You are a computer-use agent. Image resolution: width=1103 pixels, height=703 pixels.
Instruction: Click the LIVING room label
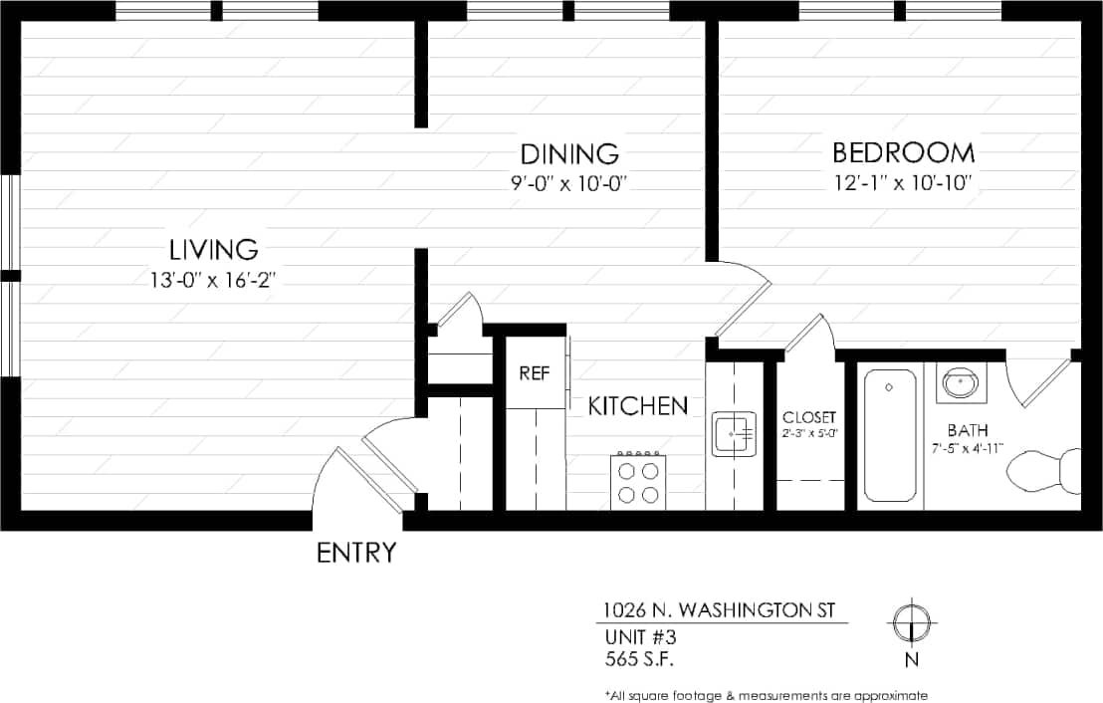(213, 249)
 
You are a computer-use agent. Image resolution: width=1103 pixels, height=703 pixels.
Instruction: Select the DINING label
(570, 154)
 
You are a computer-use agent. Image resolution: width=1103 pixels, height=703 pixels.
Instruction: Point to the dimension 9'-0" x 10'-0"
(570, 183)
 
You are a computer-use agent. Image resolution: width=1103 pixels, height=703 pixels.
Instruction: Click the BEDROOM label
(903, 153)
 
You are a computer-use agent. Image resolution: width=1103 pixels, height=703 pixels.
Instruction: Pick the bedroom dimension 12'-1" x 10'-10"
(902, 183)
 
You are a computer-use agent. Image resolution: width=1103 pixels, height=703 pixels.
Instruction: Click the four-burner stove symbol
(638, 481)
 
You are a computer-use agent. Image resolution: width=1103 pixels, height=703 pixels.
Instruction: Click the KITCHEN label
(637, 406)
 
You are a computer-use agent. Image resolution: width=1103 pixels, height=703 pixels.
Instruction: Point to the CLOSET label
(808, 417)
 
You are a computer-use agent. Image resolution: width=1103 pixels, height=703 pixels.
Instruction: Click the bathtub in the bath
(890, 435)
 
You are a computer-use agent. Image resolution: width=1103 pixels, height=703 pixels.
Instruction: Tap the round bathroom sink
(961, 383)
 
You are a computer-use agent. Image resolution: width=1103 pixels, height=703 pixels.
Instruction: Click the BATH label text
(967, 430)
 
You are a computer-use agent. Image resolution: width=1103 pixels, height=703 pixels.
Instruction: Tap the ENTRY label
(356, 553)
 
